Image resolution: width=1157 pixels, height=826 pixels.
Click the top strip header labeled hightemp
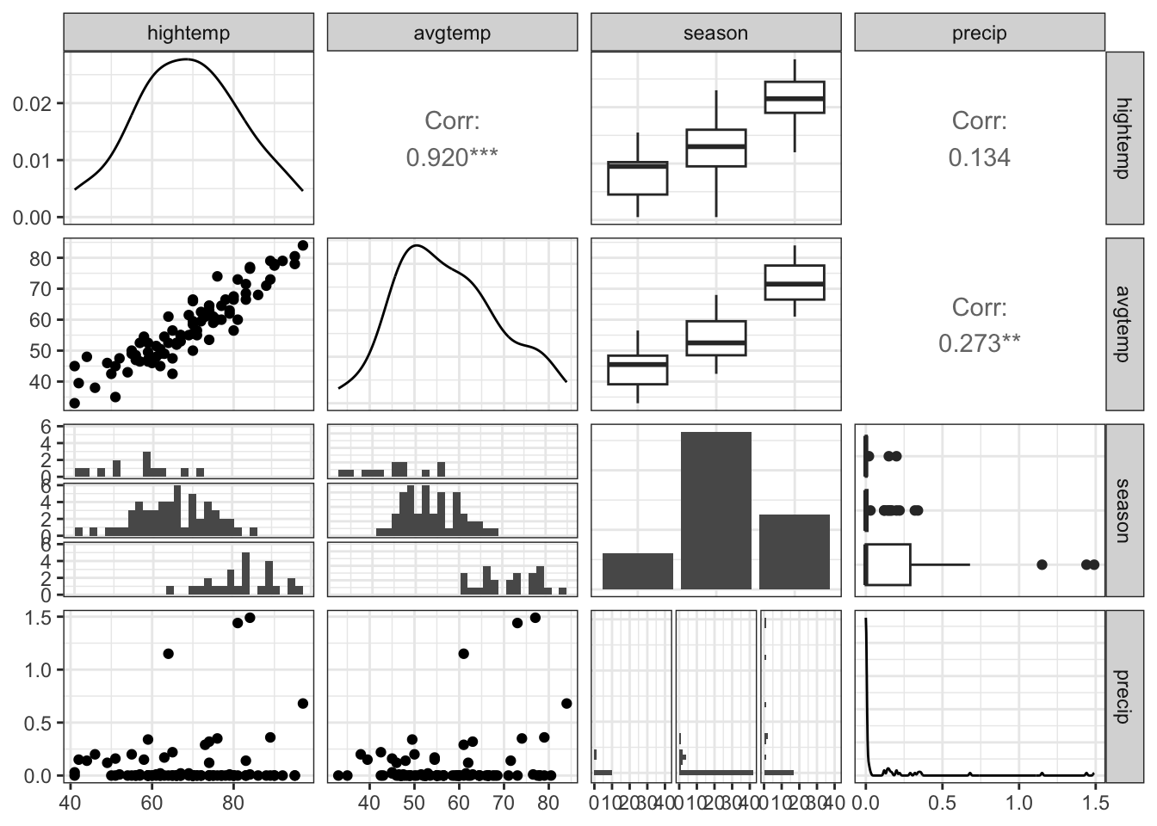tap(189, 33)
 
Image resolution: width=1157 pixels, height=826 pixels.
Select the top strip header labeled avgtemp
tap(452, 33)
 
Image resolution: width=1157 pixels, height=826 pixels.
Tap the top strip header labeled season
tap(715, 33)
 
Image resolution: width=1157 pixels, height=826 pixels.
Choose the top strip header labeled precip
tap(979, 33)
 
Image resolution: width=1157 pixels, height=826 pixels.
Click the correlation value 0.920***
tap(452, 157)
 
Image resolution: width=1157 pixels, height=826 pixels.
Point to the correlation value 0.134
tap(979, 157)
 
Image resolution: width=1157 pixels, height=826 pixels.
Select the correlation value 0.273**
tap(979, 343)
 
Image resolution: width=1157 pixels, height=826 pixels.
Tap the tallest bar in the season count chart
tap(716, 510)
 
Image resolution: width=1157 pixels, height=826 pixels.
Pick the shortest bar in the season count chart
tap(638, 571)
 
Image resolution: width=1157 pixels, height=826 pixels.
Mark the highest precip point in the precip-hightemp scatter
tap(250, 617)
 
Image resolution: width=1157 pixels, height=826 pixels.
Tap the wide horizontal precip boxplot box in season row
tap(888, 564)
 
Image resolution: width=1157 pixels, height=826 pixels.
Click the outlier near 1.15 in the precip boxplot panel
tap(1042, 564)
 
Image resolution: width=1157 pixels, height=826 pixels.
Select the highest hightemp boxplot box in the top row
tap(795, 97)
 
